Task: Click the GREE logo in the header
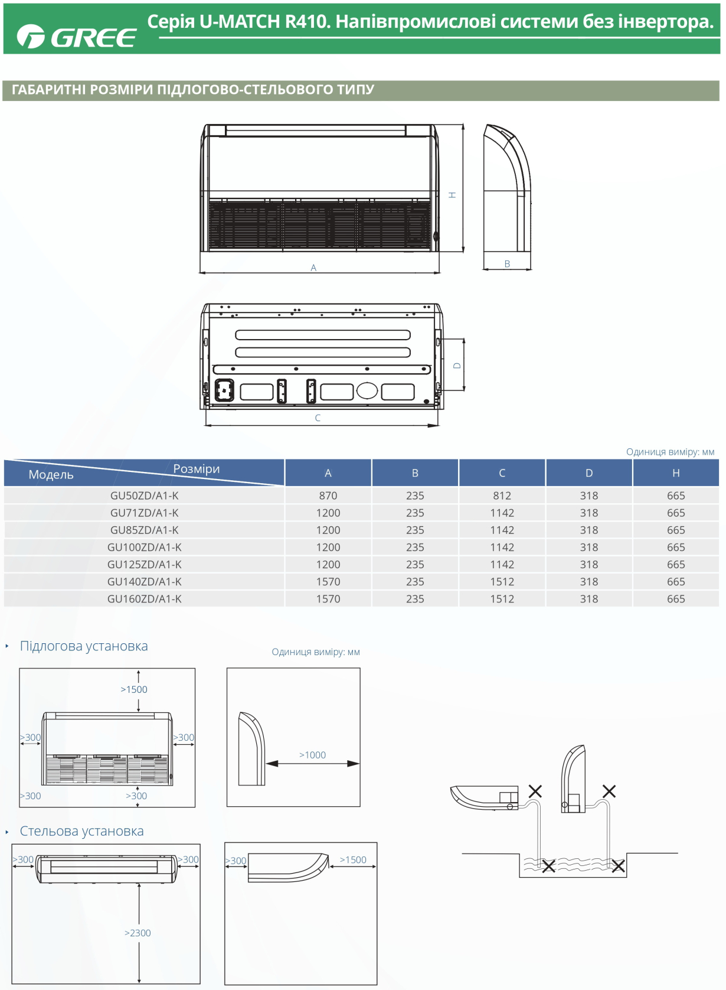coord(76,36)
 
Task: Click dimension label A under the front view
coord(313,268)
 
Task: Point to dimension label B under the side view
coord(508,264)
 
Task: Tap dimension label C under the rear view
coord(318,418)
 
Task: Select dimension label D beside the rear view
coord(457,366)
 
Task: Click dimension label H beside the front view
coord(452,194)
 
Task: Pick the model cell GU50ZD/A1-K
coord(145,496)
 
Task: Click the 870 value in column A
coord(328,496)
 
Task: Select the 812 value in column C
coord(502,496)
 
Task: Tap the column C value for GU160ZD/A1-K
coord(502,599)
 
